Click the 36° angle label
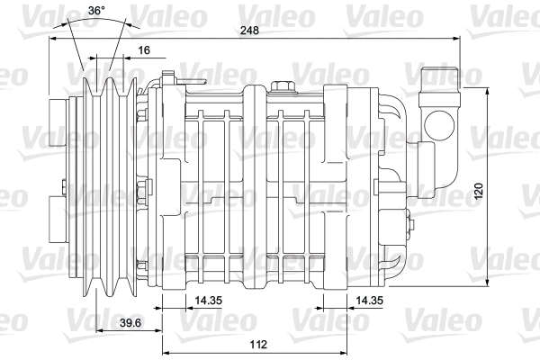pyautogui.click(x=95, y=12)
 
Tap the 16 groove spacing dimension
pyautogui.click(x=143, y=51)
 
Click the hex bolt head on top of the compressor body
pyautogui.click(x=284, y=86)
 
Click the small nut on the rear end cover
pyautogui.click(x=409, y=215)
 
